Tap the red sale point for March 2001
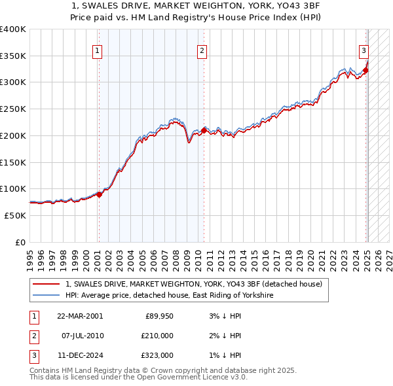click(100, 194)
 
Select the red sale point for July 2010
click(204, 131)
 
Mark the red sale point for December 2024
click(365, 70)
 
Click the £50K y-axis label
click(16, 215)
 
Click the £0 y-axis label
click(21, 242)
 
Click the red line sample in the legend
click(46, 285)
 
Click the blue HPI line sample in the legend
click(46, 296)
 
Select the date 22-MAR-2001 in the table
click(80, 316)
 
